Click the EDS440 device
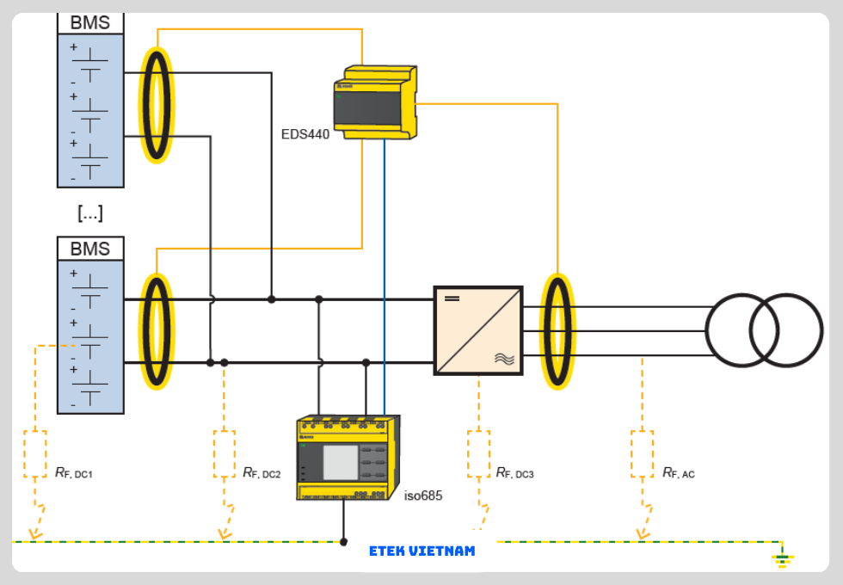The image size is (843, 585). click(375, 102)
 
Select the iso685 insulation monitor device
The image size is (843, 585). click(347, 458)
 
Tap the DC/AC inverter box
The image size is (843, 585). click(478, 330)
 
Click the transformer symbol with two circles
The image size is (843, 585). click(764, 330)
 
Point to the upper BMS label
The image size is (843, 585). click(90, 23)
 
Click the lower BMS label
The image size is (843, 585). click(90, 249)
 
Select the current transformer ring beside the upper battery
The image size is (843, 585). click(156, 105)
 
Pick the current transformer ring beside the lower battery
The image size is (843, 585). click(156, 331)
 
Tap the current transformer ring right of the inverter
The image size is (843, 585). click(557, 331)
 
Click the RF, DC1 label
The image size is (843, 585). click(73, 472)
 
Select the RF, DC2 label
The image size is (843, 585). click(262, 472)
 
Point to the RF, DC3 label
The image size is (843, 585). click(514, 472)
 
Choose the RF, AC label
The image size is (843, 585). click(678, 472)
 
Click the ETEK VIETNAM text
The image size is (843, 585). click(421, 551)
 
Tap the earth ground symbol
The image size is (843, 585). click(782, 560)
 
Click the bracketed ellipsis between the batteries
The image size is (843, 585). click(89, 212)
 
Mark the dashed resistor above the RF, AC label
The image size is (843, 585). click(642, 453)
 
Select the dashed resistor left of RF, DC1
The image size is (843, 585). click(35, 453)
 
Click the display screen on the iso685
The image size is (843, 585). click(341, 462)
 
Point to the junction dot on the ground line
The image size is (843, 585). click(344, 542)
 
